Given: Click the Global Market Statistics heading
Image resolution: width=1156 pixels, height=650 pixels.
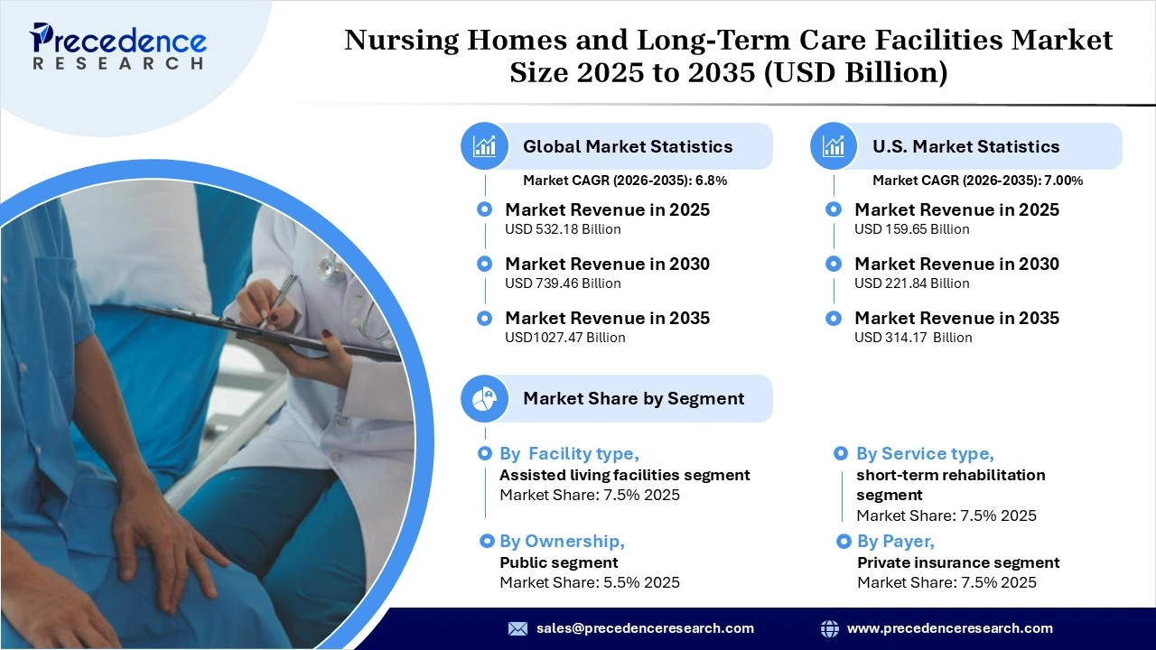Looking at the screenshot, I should (x=628, y=146).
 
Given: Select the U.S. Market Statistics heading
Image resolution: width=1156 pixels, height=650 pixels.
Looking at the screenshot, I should (x=965, y=146).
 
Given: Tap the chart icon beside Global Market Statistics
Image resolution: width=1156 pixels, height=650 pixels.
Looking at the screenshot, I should (x=485, y=146).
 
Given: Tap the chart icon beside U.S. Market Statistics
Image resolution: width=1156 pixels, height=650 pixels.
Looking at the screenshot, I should (x=834, y=146).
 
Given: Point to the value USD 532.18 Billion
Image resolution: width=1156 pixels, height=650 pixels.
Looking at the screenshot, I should (x=563, y=229).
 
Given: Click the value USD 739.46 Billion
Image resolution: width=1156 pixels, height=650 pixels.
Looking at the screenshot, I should (x=563, y=283).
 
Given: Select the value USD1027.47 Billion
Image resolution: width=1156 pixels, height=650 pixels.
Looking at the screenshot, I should (x=564, y=338).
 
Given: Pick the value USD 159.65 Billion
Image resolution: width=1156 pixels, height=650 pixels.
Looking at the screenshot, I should (x=912, y=229).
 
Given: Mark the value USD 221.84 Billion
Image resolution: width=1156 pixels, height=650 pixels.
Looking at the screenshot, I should (x=912, y=283).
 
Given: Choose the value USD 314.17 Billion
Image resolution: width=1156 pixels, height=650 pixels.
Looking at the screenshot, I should (x=913, y=338).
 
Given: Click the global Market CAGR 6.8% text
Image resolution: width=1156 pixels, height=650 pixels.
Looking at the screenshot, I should (x=625, y=181).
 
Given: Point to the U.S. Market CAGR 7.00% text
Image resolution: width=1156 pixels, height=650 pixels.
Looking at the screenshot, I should (x=977, y=181).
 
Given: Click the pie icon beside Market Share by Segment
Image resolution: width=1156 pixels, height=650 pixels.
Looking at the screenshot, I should (x=485, y=398).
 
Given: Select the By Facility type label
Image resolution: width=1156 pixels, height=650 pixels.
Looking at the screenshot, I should (x=569, y=454).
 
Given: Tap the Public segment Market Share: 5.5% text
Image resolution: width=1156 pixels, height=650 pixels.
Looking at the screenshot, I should (x=590, y=582).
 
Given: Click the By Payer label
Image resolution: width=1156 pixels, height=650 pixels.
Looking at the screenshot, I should (x=895, y=542).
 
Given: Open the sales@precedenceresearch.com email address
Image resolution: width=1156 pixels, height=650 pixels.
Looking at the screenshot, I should (x=645, y=628).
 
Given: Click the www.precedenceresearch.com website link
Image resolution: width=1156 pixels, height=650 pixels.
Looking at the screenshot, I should (x=949, y=628).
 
